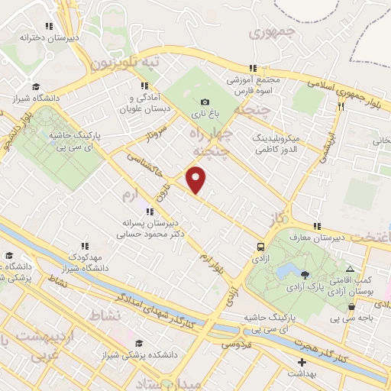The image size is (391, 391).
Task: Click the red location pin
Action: [197, 179]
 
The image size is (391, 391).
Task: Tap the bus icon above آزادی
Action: [261, 247]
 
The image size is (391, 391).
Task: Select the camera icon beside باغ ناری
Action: [205, 102]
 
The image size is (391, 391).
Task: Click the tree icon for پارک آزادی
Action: [305, 274]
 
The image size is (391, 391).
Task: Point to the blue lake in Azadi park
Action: [288, 271]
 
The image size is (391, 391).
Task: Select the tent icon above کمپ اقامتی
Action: [350, 270]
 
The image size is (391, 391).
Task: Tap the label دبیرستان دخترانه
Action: [49, 36]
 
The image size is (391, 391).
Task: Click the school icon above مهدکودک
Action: [87, 246]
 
